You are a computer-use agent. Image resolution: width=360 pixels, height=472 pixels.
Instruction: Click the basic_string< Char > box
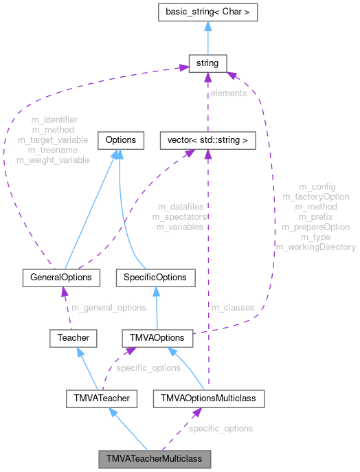click(x=207, y=12)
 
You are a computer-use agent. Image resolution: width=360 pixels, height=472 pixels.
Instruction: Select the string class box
click(x=207, y=63)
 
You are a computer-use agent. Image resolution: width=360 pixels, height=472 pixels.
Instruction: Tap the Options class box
click(x=120, y=140)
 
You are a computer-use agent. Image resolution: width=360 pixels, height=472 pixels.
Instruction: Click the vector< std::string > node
click(x=207, y=140)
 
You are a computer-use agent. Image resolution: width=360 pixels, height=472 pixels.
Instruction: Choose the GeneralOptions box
click(x=61, y=278)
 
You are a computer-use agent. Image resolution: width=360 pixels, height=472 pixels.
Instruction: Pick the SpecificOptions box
click(x=155, y=278)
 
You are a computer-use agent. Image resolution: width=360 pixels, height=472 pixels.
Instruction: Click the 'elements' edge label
click(x=228, y=93)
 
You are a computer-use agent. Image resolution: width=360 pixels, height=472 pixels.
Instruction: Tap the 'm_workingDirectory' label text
click(x=315, y=247)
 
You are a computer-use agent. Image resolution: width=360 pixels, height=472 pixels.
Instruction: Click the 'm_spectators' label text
click(x=180, y=216)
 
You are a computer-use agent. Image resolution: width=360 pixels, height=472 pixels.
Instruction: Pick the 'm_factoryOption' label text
click(x=316, y=196)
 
